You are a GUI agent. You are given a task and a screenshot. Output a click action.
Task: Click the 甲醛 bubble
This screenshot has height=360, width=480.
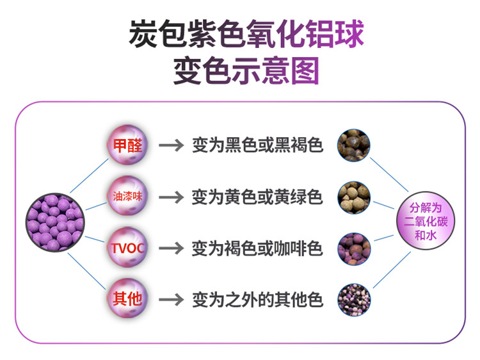[x=127, y=145]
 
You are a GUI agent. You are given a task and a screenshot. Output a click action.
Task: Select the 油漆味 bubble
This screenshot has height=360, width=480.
[x=127, y=196]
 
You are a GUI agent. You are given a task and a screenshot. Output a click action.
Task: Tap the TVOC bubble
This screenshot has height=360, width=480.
[x=127, y=247]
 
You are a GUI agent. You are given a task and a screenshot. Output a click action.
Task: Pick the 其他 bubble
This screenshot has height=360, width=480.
[x=127, y=299]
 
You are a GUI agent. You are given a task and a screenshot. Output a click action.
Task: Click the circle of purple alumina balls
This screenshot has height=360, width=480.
[x=55, y=222]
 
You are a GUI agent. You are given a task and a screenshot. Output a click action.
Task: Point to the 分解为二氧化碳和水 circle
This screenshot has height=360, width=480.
[x=426, y=221]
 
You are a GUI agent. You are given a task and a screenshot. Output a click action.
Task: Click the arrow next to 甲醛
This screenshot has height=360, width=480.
[x=171, y=145]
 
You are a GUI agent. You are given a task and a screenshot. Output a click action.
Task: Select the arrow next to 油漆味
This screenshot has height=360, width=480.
[x=171, y=197]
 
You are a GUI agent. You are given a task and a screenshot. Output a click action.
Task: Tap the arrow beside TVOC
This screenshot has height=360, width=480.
[x=171, y=248]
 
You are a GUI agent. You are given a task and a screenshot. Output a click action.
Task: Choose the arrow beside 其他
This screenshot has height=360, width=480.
[x=171, y=300]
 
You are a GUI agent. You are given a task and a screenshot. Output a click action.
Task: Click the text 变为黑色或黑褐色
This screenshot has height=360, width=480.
[x=257, y=145]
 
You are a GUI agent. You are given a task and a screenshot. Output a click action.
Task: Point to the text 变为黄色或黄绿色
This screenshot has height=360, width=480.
[x=257, y=197]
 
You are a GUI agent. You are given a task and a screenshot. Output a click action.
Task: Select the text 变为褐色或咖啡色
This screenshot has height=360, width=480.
[x=257, y=248]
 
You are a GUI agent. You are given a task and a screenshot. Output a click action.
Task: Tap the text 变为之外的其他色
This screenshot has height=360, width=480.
[x=257, y=300]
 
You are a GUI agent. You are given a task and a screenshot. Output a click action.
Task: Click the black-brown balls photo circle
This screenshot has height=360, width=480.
[x=354, y=145]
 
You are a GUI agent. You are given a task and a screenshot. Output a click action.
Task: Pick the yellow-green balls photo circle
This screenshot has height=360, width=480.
[x=354, y=198]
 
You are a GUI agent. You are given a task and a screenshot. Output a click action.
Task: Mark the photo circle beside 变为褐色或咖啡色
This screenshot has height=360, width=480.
[x=354, y=249]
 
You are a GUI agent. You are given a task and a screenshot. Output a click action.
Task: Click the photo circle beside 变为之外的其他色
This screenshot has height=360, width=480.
[x=354, y=300]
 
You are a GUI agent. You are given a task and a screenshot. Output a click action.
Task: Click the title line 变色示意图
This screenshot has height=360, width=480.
[x=246, y=70]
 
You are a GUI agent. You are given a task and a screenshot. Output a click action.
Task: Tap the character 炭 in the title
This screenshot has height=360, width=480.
[x=143, y=33]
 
